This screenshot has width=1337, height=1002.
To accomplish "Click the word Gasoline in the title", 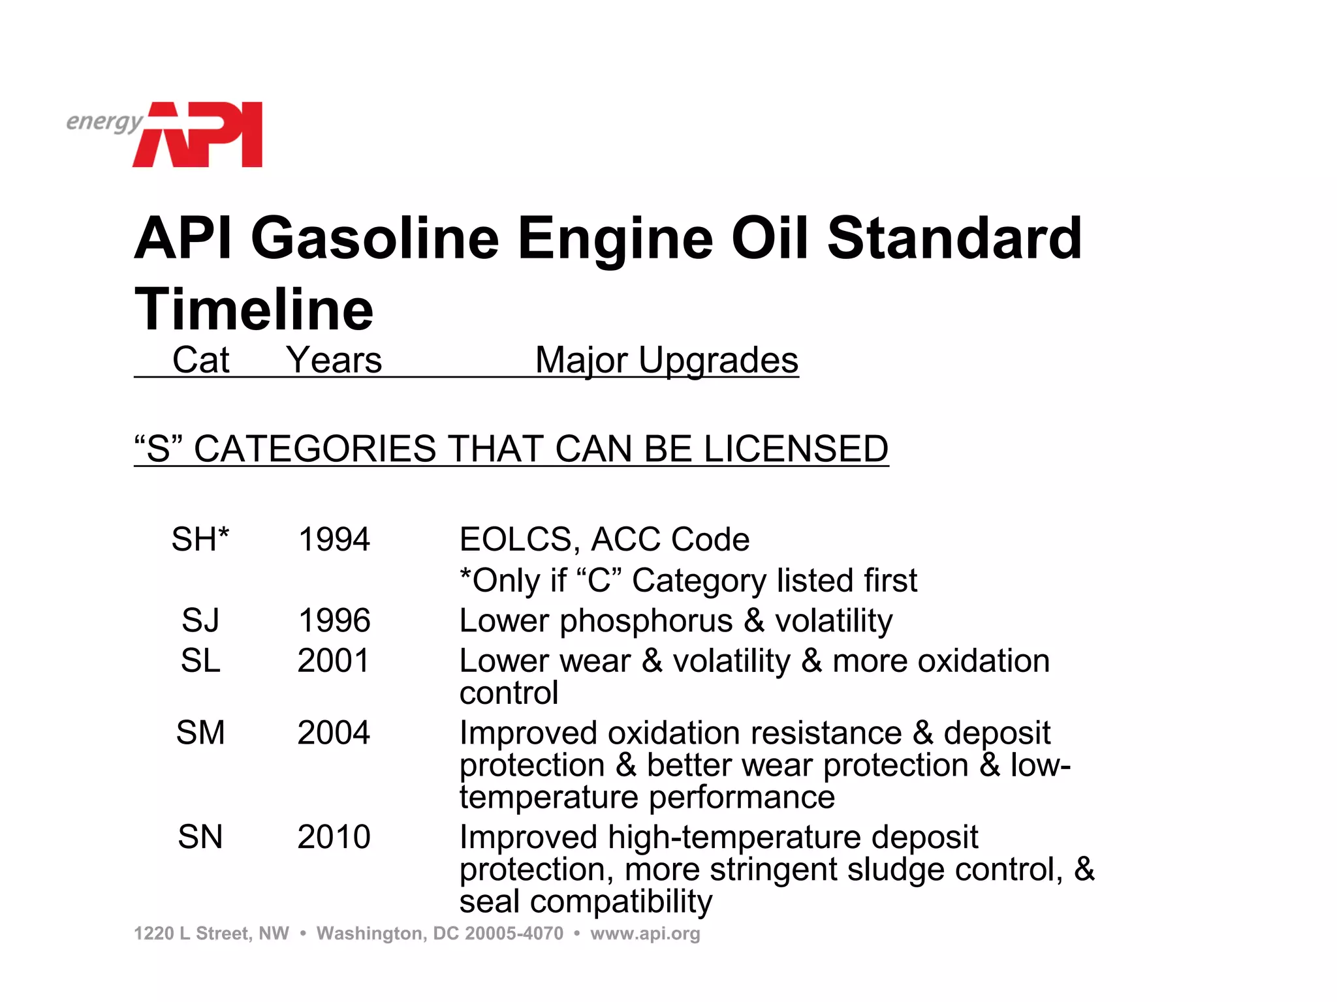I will coord(375,238).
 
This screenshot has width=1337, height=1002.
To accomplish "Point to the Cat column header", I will coord(200,360).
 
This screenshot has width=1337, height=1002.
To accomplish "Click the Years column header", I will coord(334,360).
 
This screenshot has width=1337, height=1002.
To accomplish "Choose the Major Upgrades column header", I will coord(667,360).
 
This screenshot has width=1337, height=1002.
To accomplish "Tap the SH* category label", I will coord(200,539).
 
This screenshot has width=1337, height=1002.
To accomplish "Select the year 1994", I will coord(334,539).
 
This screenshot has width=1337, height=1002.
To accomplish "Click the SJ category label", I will coord(200,620).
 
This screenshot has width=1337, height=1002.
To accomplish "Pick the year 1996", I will coord(334,620).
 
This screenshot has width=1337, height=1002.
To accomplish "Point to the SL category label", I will coord(200,661).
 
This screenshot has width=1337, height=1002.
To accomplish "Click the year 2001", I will coord(334,661).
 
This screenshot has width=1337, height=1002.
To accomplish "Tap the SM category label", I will coord(200,733).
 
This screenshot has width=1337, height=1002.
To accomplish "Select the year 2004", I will coord(334,733).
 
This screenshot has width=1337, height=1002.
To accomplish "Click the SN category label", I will coord(200,837).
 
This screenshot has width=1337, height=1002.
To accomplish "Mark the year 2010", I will coord(334,837).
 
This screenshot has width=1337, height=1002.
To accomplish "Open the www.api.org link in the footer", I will coord(645,934).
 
